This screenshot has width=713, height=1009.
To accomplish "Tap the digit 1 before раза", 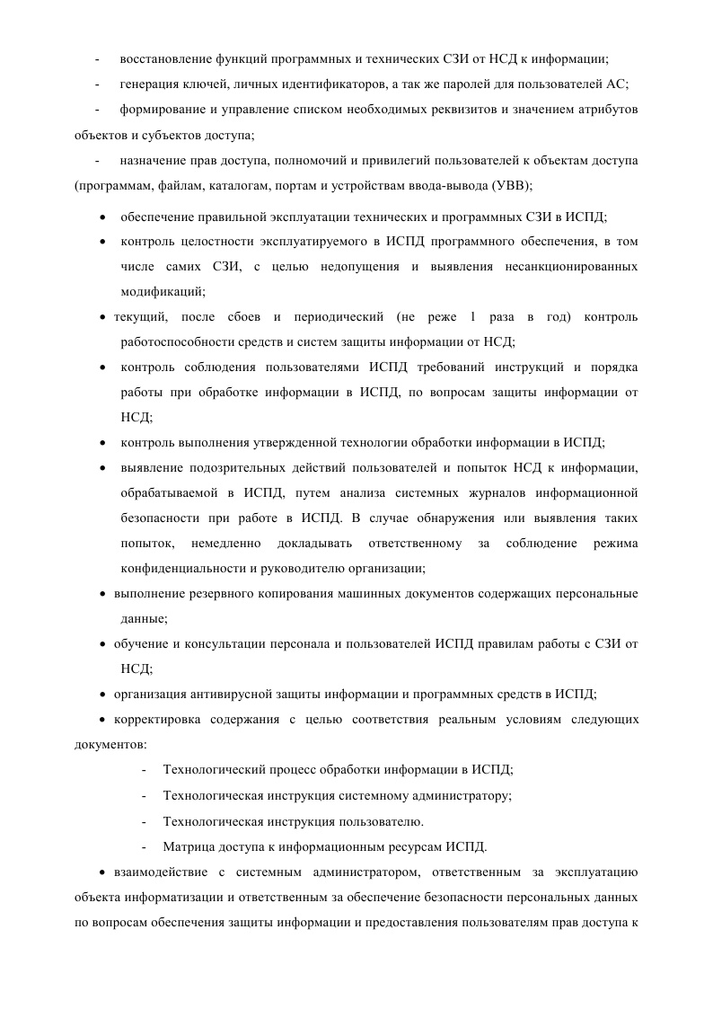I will tap(472, 317).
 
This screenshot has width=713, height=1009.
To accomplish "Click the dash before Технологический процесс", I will tap(145, 770).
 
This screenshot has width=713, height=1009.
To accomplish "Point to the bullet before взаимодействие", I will tap(103, 872).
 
